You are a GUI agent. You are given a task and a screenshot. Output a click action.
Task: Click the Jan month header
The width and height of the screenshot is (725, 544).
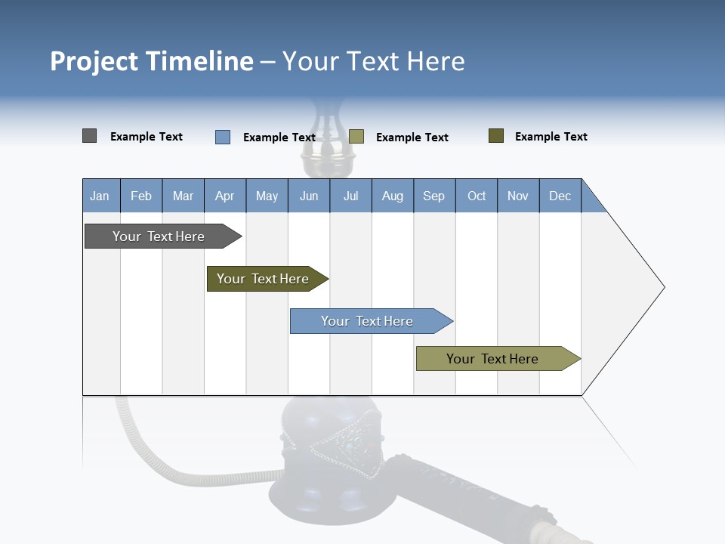point(100,196)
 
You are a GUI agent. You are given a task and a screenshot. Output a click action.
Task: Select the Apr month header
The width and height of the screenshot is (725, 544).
point(225,196)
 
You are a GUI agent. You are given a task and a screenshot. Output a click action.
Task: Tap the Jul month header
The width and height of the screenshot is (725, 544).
point(350,196)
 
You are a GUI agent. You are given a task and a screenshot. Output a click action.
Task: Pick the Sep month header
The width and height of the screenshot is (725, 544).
point(434,196)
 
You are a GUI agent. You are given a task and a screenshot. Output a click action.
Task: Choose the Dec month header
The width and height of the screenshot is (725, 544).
point(560,196)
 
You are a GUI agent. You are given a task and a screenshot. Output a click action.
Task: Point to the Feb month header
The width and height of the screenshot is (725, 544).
point(141,196)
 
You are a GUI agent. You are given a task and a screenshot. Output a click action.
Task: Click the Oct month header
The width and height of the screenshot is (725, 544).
point(477,196)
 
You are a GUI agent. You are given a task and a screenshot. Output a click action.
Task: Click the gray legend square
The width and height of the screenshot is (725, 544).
point(89,136)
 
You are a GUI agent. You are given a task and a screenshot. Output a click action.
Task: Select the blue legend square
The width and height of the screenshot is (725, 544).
point(223,137)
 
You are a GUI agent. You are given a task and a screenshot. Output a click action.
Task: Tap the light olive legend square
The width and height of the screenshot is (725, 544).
point(356,137)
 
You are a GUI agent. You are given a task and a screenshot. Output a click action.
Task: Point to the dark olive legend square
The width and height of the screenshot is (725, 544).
point(496,136)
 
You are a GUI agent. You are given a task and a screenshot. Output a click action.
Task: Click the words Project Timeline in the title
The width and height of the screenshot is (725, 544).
point(152,61)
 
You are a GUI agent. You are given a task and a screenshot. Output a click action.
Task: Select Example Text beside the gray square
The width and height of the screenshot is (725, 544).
point(147,137)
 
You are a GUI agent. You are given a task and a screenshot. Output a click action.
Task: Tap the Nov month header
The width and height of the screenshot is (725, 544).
point(518,196)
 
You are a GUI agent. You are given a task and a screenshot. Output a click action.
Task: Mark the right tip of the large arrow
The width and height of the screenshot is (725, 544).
point(663,287)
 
